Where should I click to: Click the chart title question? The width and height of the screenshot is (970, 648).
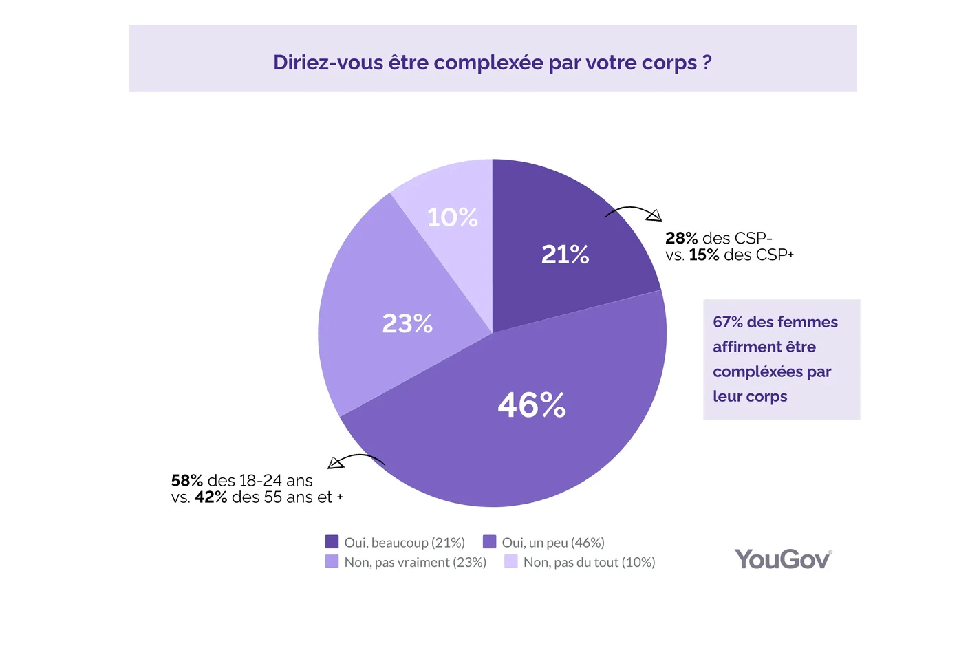[492, 63]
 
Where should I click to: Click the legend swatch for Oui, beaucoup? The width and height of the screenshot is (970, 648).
[332, 542]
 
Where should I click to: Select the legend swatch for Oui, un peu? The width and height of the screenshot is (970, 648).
[489, 542]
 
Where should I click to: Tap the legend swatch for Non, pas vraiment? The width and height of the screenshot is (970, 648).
[332, 561]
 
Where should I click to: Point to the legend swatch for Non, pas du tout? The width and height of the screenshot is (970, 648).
[510, 561]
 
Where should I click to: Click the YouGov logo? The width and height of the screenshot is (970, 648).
[783, 559]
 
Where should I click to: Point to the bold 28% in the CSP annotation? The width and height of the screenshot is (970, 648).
[681, 238]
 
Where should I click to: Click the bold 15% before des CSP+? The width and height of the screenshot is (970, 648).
[704, 255]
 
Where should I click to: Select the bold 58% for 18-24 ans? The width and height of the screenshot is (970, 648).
[186, 480]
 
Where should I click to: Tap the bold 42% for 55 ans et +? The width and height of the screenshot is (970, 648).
[211, 497]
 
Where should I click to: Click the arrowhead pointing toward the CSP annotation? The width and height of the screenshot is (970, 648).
[654, 216]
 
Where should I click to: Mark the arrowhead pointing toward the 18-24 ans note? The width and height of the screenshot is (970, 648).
[335, 463]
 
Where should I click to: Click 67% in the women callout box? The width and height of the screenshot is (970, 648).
[728, 322]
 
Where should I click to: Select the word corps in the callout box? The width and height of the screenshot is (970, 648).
[766, 397]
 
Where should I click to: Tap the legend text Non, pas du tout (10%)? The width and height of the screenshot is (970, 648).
[589, 562]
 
